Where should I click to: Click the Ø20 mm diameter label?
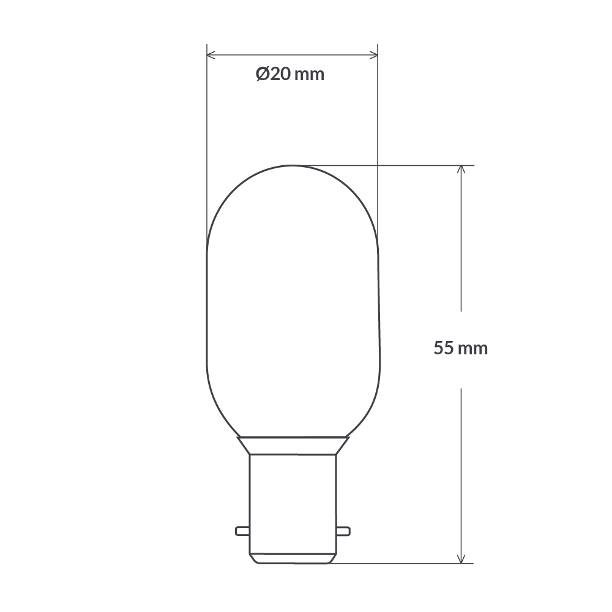point(289,75)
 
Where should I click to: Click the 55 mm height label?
point(461,348)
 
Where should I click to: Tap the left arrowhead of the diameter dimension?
point(211,56)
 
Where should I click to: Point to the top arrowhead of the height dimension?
point(461,170)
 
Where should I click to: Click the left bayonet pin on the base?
point(243,530)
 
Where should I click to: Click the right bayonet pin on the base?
point(343,530)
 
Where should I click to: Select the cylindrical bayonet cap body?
point(293,496)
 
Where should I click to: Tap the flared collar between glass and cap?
point(293,445)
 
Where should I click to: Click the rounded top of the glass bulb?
point(293,177)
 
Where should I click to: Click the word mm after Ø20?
point(309,75)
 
